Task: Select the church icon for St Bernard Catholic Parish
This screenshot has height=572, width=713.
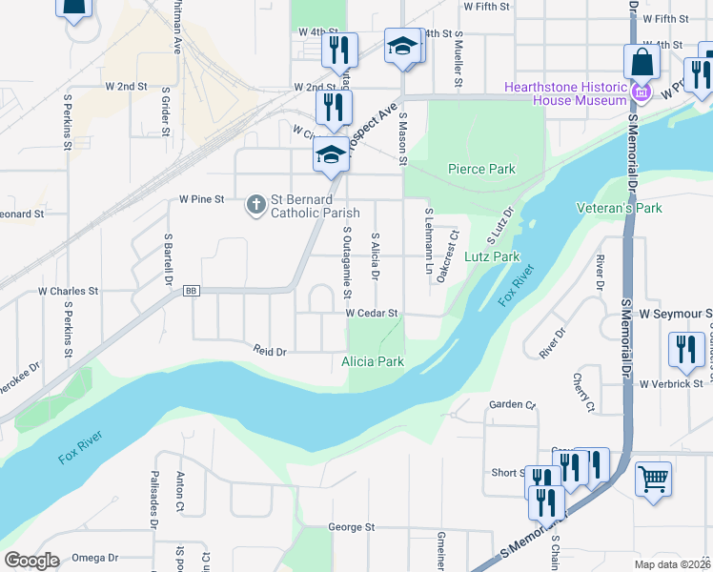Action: [255, 205]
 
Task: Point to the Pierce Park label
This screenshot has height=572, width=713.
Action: [481, 170]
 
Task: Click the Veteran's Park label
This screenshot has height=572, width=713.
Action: [619, 208]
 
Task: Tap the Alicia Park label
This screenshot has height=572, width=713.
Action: [373, 361]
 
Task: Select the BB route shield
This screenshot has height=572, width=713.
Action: [191, 291]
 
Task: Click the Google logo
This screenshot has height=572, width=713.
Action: [31, 561]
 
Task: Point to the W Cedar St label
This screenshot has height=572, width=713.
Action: [371, 313]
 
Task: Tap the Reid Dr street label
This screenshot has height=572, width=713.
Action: [270, 350]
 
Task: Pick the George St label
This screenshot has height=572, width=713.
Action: [352, 527]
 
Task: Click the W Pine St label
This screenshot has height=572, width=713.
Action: [200, 200]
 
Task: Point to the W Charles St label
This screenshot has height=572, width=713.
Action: [68, 291]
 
